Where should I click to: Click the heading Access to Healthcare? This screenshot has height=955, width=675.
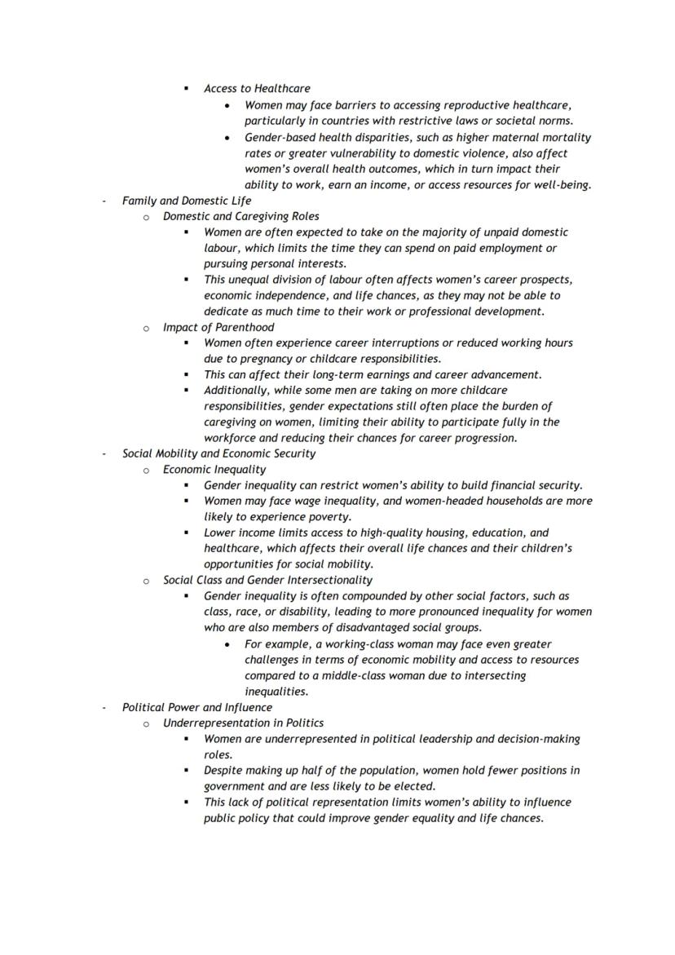pos(257,88)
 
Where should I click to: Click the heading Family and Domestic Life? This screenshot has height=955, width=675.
pos(187,201)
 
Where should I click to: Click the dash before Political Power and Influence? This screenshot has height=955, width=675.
pos(104,708)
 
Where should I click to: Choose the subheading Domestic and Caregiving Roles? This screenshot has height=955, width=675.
pos(240,216)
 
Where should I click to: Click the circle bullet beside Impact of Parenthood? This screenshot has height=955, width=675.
pos(146,328)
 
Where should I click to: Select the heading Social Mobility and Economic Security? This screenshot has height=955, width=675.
pos(218,453)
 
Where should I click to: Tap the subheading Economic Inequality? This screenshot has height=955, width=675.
pos(214,470)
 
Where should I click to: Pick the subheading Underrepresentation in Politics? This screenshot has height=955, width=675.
pos(243,723)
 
